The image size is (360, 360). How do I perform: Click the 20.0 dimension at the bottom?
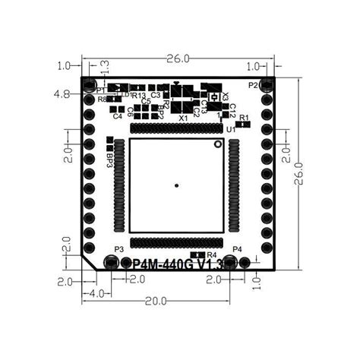(x=156, y=301)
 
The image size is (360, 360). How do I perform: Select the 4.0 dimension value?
(x=96, y=293)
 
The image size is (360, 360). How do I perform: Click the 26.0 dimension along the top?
(x=178, y=58)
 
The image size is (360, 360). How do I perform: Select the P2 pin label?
(x=252, y=84)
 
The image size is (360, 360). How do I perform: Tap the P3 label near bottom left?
(x=118, y=249)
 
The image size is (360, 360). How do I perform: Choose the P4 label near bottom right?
(x=237, y=249)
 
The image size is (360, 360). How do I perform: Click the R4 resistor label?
(x=212, y=254)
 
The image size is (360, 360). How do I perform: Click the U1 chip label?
(x=230, y=130)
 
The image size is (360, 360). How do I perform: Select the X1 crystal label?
(x=183, y=118)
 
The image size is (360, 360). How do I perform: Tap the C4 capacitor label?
(x=117, y=116)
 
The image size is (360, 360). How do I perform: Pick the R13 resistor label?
(x=139, y=96)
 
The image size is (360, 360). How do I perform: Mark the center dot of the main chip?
(x=177, y=185)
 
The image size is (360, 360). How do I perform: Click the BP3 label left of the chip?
(x=109, y=159)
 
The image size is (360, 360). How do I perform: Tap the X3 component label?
(x=226, y=97)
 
